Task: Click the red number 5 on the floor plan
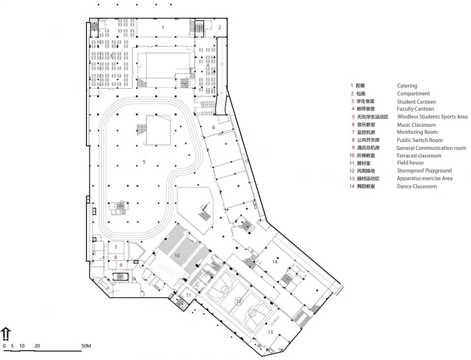click(x=144, y=162)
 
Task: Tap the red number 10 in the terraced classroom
click(x=177, y=256)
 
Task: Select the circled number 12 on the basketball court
click(x=239, y=301)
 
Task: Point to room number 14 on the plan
click(x=275, y=262)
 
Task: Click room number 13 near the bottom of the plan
click(x=269, y=332)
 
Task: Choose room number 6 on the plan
click(x=213, y=128)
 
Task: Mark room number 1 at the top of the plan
click(x=163, y=28)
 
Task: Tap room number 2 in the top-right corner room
click(x=220, y=28)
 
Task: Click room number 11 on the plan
click(x=188, y=295)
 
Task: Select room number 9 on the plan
click(x=120, y=265)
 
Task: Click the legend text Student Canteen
click(x=416, y=102)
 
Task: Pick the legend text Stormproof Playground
click(x=424, y=171)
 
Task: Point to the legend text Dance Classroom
click(x=417, y=187)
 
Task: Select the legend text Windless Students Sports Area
click(x=432, y=117)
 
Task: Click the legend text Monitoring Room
click(x=417, y=133)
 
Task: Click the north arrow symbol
click(x=6, y=334)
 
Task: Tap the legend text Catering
click(x=407, y=86)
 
